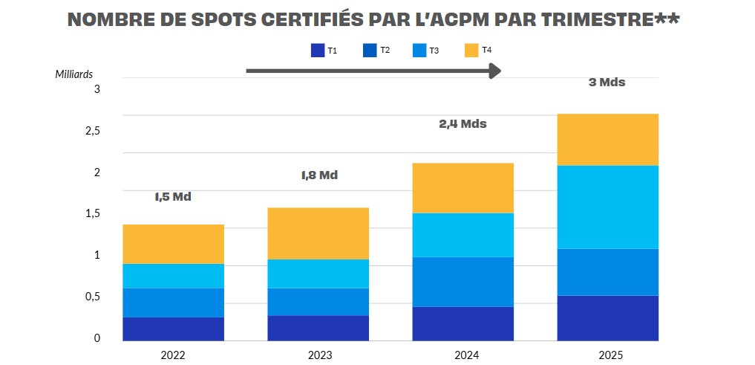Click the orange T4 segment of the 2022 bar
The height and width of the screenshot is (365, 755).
point(173,244)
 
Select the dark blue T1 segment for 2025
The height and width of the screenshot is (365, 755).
point(607,317)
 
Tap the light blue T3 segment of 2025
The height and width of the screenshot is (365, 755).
point(607,207)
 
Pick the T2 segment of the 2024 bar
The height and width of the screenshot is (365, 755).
point(463,282)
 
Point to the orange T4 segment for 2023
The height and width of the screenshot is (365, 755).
point(318,233)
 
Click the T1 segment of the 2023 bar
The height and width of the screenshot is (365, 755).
point(318,328)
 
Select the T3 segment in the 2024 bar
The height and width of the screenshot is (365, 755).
point(463,235)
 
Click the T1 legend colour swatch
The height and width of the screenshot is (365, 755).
point(318,51)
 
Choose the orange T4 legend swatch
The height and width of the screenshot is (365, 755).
point(472,51)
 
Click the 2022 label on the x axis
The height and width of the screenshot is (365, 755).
point(173,355)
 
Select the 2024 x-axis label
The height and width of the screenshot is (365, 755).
point(463,355)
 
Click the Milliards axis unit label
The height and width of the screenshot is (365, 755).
point(74,74)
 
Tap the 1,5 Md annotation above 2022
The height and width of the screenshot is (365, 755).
point(173,198)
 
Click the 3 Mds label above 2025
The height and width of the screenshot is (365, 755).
point(607,83)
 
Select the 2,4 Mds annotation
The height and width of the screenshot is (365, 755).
point(463,124)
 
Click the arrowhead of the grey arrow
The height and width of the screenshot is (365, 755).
point(495,71)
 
